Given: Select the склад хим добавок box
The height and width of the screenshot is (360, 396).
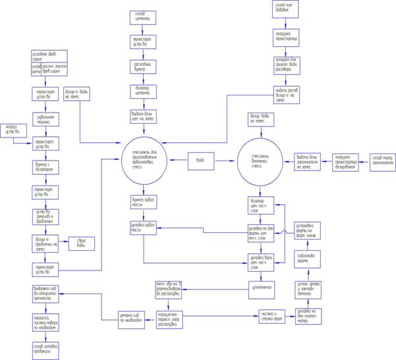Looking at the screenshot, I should pos(288,9).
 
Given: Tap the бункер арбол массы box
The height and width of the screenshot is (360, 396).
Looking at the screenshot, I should pos(145,200).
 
